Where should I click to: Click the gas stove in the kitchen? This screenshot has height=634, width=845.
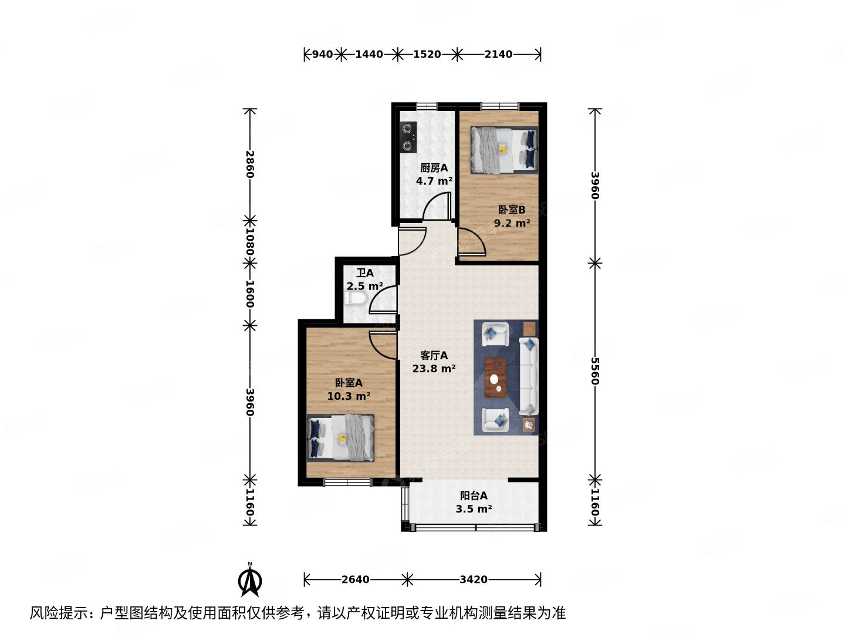point(408,137)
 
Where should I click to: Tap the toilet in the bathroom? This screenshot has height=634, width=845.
point(356,299)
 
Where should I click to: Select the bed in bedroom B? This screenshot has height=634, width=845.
point(503,150)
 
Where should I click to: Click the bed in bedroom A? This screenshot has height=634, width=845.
point(340,438)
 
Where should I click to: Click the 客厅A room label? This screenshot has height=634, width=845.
point(434,356)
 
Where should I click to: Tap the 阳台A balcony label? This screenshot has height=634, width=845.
point(473,495)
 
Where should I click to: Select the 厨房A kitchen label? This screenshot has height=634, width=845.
point(434,168)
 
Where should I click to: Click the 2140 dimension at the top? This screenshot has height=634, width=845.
point(498,55)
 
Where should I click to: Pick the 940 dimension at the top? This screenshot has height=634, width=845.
point(322,55)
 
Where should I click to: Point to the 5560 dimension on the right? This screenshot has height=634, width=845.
point(595,371)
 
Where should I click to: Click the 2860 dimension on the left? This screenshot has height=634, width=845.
point(250,164)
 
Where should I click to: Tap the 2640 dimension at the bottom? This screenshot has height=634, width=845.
point(356,580)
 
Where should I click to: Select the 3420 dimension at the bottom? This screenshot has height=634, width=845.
point(474,580)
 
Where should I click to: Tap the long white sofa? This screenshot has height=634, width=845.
point(529,376)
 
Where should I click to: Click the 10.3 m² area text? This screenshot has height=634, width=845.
point(349,396)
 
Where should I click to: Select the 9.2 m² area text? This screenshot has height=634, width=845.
point(512,223)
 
